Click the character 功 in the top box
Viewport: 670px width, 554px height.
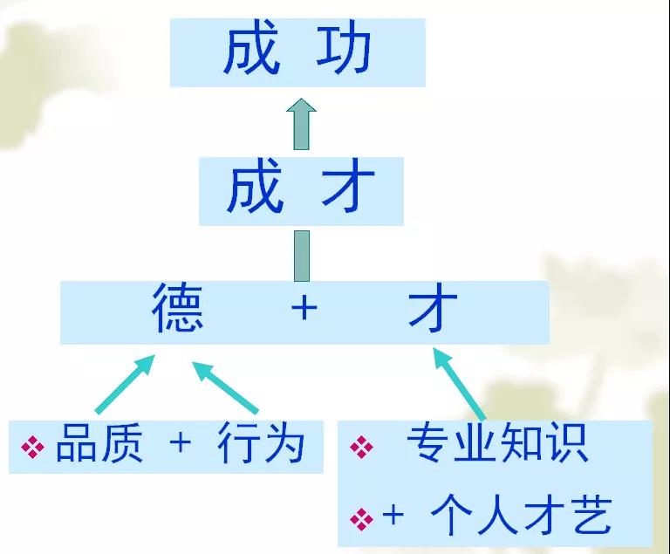tap(344, 51)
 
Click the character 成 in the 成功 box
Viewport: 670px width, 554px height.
tap(252, 51)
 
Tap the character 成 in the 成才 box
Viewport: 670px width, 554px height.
tap(255, 190)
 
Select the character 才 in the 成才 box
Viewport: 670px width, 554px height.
tap(348, 190)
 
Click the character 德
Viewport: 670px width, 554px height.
tap(177, 308)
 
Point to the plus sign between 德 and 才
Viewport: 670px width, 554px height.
tap(304, 308)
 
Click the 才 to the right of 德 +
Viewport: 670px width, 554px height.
tap(433, 308)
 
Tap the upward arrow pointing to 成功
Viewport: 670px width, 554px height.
tap(301, 124)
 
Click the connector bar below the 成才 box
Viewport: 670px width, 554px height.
tap(302, 256)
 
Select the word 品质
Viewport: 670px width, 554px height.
tap(99, 443)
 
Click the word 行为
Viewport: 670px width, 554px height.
tap(261, 443)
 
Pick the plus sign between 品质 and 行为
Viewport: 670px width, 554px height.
tap(180, 442)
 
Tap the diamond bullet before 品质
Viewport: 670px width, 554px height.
tap(32, 448)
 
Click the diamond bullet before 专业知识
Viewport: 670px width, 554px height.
tap(361, 448)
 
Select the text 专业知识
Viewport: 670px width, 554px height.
tap(497, 442)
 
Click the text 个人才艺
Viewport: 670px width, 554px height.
tap(521, 516)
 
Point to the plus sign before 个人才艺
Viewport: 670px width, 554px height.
tap(393, 515)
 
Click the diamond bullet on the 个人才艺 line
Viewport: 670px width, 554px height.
tap(361, 519)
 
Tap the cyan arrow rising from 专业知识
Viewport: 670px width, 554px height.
tap(459, 384)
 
